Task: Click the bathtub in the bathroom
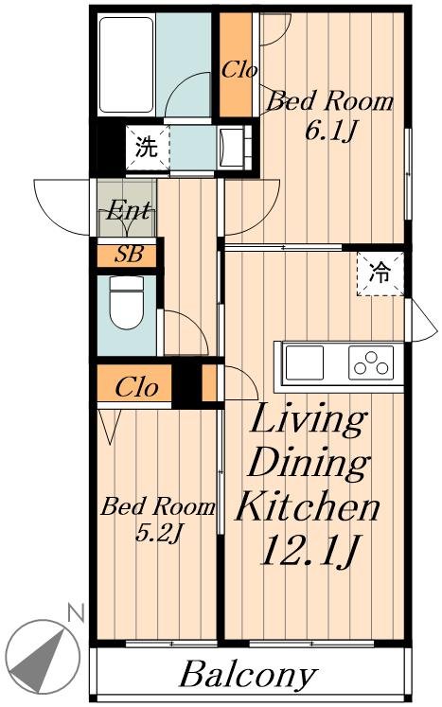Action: click(126, 65)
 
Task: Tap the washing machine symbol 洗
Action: click(147, 147)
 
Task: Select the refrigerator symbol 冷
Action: click(380, 273)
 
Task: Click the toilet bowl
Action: click(127, 302)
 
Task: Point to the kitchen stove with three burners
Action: click(371, 363)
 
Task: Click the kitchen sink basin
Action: click(305, 363)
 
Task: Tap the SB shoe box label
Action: click(129, 255)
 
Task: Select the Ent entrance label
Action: click(129, 210)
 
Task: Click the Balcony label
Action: click(248, 676)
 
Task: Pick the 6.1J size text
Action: click(330, 132)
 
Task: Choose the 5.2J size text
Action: click(158, 534)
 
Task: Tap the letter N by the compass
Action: click(76, 613)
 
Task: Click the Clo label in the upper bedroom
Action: click(239, 70)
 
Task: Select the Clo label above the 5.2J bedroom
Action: click(136, 387)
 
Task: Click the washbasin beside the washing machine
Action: click(234, 147)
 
